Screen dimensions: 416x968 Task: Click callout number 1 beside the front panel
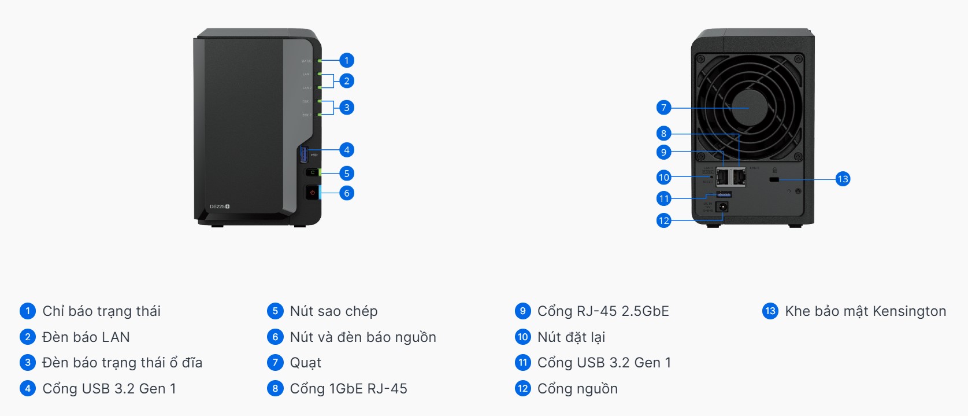pyautogui.click(x=347, y=60)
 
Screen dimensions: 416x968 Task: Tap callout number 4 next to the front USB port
pyautogui.click(x=347, y=150)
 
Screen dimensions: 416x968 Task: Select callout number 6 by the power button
pyautogui.click(x=347, y=193)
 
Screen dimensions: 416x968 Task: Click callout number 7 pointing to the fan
pyautogui.click(x=663, y=108)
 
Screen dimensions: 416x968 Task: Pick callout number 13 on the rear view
pyautogui.click(x=843, y=179)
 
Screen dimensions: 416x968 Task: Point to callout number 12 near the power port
pyautogui.click(x=663, y=220)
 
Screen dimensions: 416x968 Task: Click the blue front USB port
pyautogui.click(x=304, y=154)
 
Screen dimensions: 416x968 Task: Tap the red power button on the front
pyautogui.click(x=312, y=192)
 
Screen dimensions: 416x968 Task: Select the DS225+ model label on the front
pyautogui.click(x=220, y=207)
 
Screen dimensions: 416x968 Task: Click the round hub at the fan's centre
pyautogui.click(x=749, y=108)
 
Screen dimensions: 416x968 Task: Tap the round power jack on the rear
pyautogui.click(x=722, y=207)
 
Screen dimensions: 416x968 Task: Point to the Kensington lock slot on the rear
pyautogui.click(x=774, y=179)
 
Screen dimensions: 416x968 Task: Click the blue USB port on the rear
pyautogui.click(x=724, y=194)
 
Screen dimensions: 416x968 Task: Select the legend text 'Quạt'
pyautogui.click(x=306, y=363)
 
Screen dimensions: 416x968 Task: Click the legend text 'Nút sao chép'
pyautogui.click(x=333, y=311)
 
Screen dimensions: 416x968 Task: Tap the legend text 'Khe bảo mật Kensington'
pyautogui.click(x=865, y=311)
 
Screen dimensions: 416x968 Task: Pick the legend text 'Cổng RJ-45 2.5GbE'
pyautogui.click(x=603, y=311)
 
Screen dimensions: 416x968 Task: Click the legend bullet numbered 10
pyautogui.click(x=522, y=337)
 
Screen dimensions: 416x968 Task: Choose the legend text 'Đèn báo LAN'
pyautogui.click(x=86, y=337)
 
